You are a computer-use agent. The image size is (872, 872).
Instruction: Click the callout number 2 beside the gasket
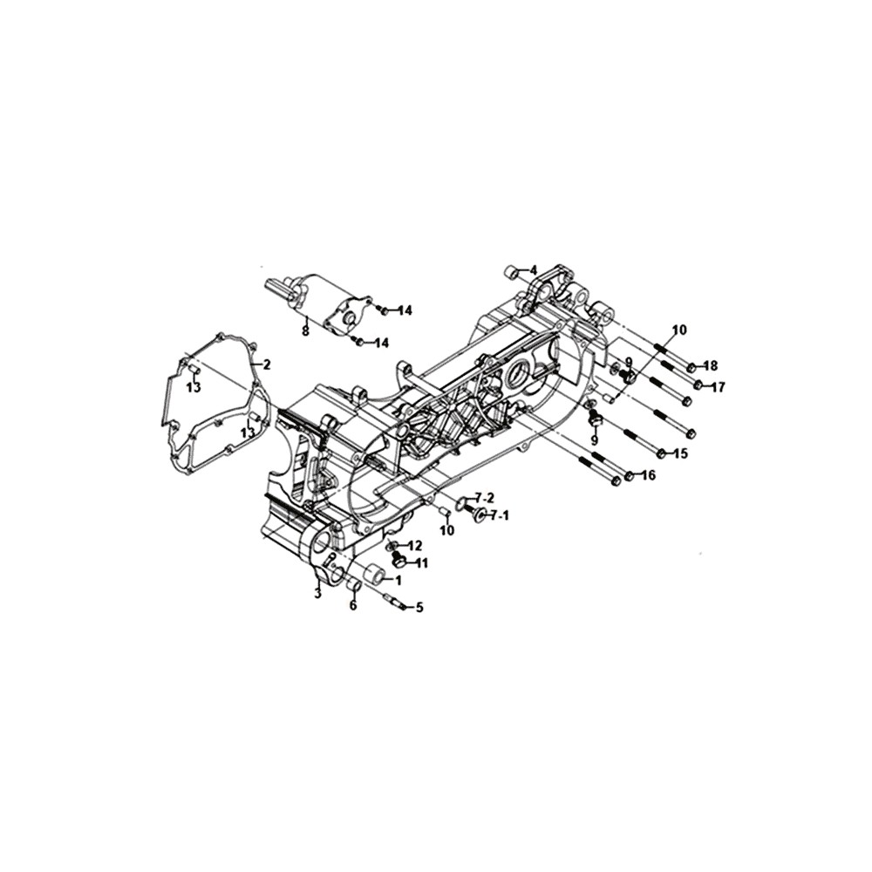click(267, 364)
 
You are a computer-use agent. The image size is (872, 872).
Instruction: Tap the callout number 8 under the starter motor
click(305, 332)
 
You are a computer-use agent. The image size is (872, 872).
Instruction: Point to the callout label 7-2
click(484, 498)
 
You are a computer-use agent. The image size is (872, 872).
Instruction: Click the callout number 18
click(710, 366)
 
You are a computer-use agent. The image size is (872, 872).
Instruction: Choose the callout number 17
click(718, 387)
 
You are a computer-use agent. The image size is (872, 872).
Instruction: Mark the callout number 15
click(679, 453)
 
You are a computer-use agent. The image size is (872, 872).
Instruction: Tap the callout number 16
click(648, 475)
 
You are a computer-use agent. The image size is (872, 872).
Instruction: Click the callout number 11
click(421, 564)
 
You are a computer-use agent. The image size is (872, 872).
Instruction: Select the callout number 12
click(414, 546)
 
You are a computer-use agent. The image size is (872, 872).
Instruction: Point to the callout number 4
click(534, 271)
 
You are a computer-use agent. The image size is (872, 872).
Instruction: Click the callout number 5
click(419, 608)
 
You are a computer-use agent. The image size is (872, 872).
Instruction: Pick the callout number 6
click(353, 606)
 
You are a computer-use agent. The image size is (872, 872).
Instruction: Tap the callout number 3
click(317, 594)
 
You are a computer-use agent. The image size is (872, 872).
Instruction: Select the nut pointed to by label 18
click(691, 367)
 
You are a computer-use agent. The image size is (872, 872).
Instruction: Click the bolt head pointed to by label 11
click(397, 561)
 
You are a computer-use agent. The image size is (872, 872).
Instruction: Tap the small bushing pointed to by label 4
click(510, 272)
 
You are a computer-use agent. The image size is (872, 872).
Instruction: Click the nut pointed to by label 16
click(629, 477)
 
